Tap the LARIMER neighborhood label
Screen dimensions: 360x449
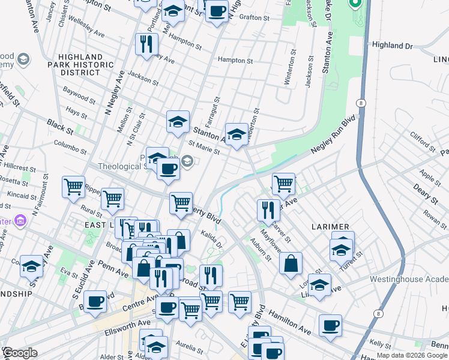331,227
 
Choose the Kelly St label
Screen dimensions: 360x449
381,343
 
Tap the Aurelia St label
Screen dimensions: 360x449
190,344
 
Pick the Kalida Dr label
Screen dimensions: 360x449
212,241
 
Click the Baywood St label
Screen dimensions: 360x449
80,96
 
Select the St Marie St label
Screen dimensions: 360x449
204,148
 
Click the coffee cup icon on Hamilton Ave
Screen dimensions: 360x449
330,326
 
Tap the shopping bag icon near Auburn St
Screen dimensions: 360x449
291,263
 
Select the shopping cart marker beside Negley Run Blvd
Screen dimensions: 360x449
283,183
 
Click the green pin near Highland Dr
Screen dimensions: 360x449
355,5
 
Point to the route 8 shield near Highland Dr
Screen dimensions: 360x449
361,103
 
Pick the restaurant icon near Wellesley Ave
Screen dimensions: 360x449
146,43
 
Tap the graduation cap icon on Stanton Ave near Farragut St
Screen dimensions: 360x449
178,122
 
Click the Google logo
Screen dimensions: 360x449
20,353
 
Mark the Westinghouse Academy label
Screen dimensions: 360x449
409,279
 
